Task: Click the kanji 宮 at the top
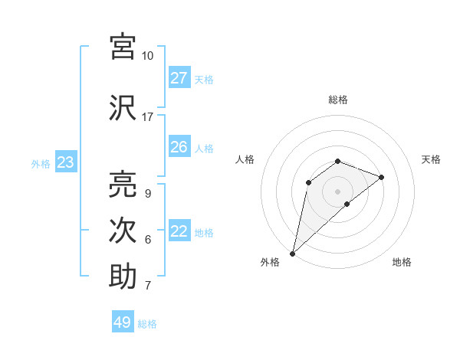click(123, 47)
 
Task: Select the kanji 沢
click(123, 108)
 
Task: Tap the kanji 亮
click(123, 184)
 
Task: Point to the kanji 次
click(123, 231)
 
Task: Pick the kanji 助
click(123, 277)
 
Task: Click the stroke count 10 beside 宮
click(147, 56)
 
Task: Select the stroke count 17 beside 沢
click(147, 117)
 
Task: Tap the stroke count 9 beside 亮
click(147, 193)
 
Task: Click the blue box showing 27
click(179, 78)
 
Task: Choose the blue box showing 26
click(179, 147)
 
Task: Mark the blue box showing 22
click(179, 231)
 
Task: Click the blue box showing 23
click(65, 162)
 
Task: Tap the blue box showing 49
click(123, 322)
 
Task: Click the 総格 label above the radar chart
click(338, 100)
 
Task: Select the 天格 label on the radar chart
click(431, 159)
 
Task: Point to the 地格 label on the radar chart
click(402, 262)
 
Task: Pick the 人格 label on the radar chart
click(245, 159)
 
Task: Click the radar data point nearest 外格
click(292, 254)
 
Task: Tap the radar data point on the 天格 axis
click(381, 177)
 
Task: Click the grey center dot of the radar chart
click(338, 191)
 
